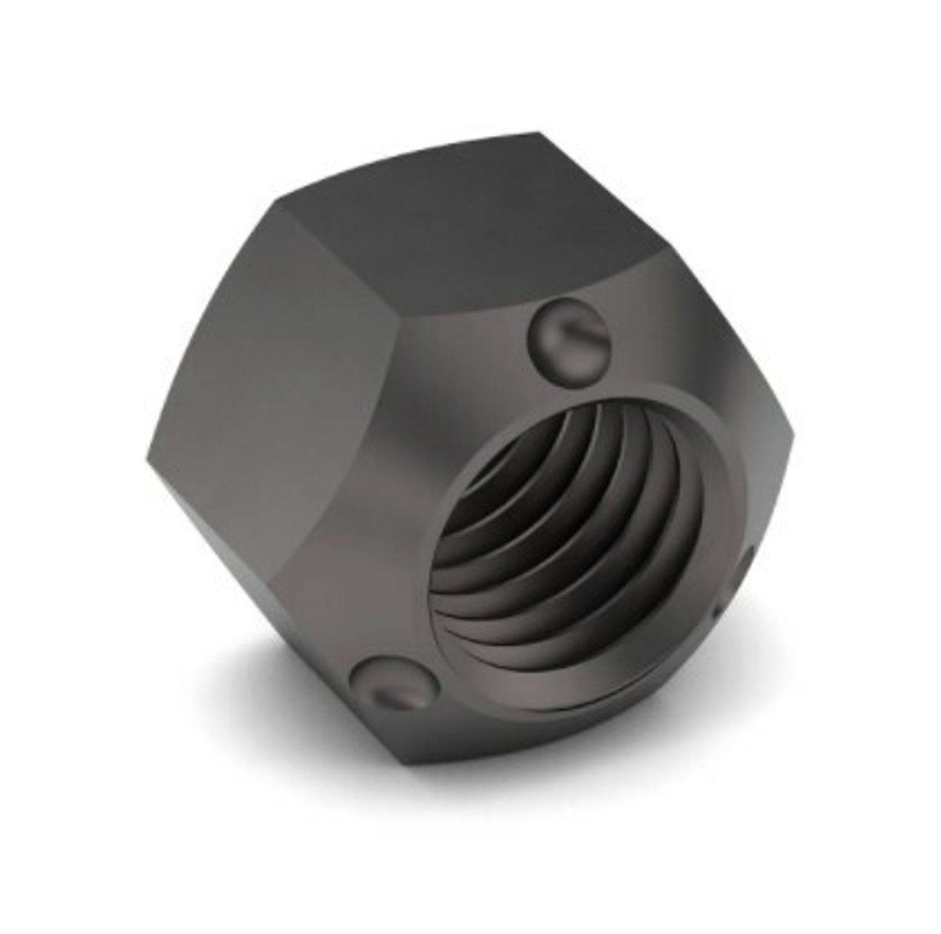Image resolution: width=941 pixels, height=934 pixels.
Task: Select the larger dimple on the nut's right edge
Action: [x=748, y=565]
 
